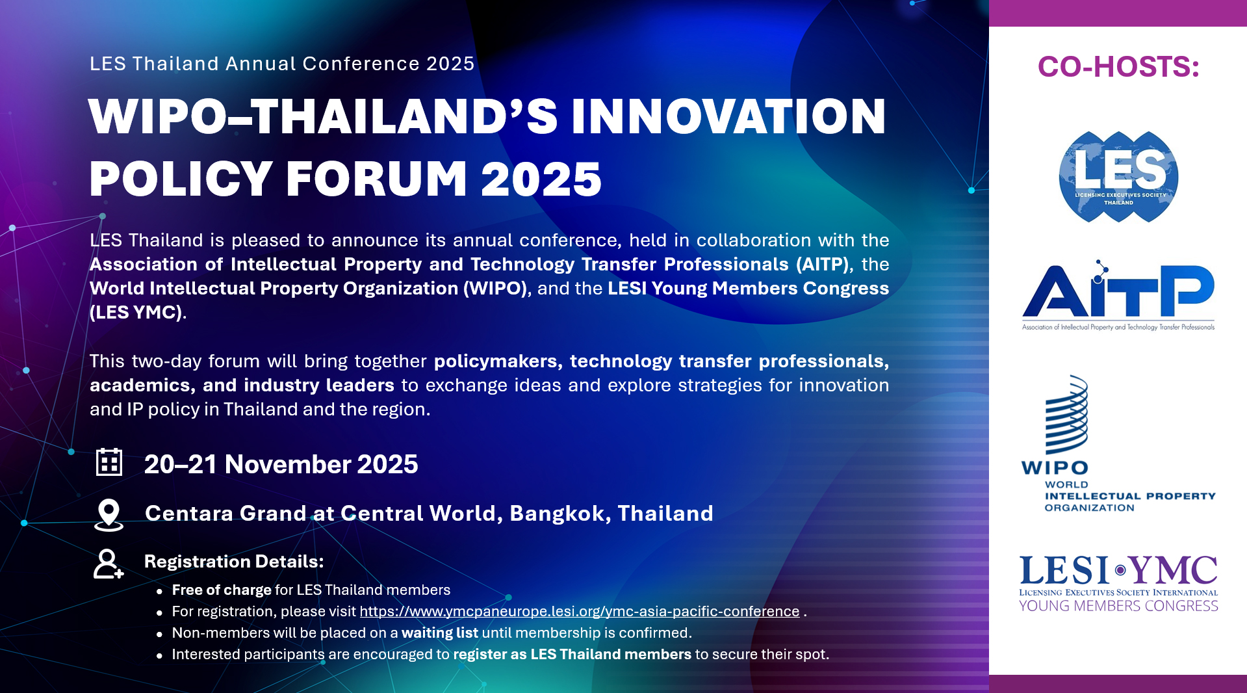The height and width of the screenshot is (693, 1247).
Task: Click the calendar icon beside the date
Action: coord(109,462)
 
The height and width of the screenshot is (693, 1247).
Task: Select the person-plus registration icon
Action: coord(108,564)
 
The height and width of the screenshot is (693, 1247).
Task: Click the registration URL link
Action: coord(580,611)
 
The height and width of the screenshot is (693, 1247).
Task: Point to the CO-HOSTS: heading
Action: coord(1118,66)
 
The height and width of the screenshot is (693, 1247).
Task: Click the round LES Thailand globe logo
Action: coord(1118,176)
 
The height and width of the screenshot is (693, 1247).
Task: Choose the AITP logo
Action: coord(1118,296)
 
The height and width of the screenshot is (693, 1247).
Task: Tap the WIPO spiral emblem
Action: coord(1066,414)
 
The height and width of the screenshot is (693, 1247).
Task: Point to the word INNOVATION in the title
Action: coord(728,116)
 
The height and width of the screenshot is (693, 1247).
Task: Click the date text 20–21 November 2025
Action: coord(281,464)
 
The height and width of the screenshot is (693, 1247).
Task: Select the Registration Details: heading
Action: coord(234,561)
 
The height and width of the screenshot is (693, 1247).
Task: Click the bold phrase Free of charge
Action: coord(222,590)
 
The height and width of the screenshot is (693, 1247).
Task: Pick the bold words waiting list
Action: coord(440,633)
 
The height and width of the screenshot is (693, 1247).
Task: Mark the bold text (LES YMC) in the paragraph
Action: coord(136,312)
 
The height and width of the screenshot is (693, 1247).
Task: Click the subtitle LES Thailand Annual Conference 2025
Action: coord(282,64)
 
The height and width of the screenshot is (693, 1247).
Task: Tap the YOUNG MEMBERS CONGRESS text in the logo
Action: coord(1118,606)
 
